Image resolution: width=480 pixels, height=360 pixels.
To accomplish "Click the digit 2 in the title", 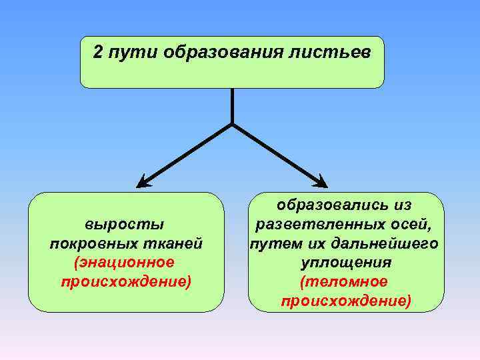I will (98, 53).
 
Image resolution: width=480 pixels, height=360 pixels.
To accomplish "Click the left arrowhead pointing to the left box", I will (143, 181).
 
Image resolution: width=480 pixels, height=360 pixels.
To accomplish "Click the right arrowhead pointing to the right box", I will (321, 181).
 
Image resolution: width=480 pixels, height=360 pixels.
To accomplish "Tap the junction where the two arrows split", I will (232, 124).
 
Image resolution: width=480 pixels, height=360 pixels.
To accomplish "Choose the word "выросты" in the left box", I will (125, 224).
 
